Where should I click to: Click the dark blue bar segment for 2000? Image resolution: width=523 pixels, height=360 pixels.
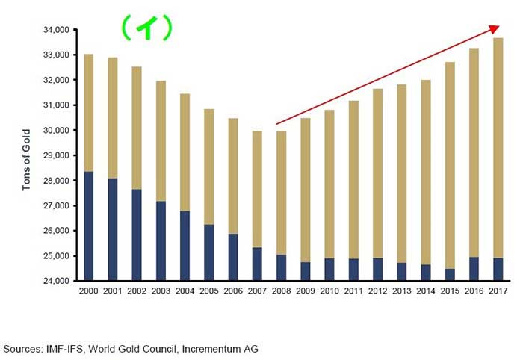(89, 226)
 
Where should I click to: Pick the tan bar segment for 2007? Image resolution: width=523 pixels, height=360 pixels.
(257, 189)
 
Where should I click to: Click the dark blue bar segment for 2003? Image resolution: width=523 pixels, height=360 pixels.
(161, 240)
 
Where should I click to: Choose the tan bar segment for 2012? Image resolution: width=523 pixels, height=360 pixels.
(377, 173)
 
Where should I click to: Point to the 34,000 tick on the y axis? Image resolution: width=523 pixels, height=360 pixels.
(55, 30)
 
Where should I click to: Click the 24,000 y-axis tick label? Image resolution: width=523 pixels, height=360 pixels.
(55, 281)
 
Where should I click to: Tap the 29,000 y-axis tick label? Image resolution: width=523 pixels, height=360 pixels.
(55, 155)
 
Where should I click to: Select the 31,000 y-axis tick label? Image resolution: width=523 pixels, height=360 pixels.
(55, 105)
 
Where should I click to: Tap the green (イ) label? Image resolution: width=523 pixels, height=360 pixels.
(147, 28)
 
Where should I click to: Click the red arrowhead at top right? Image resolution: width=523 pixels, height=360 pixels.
(494, 29)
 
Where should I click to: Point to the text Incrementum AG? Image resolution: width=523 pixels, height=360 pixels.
(223, 349)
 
